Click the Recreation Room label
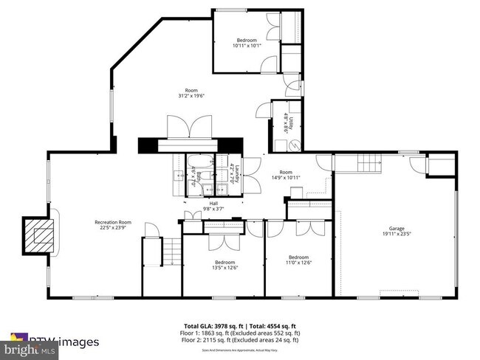click(x=113, y=222)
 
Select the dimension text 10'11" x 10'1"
click(x=247, y=46)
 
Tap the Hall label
click(x=213, y=204)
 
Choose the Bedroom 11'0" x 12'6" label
click(x=298, y=257)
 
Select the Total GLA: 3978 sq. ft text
click(x=212, y=325)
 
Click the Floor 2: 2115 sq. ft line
click(x=241, y=340)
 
